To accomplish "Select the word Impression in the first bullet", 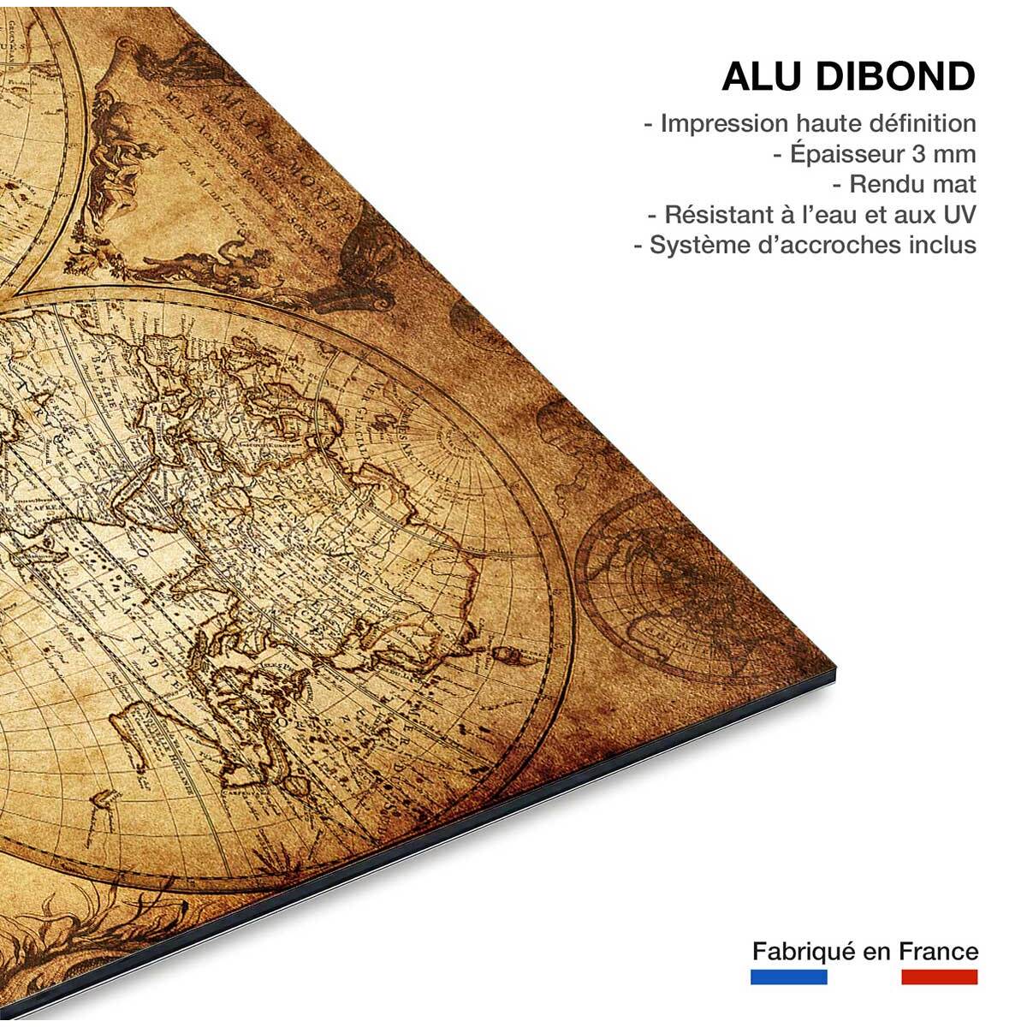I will [722, 123].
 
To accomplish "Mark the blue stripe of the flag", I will [788, 977].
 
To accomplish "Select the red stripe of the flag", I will [940, 977].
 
